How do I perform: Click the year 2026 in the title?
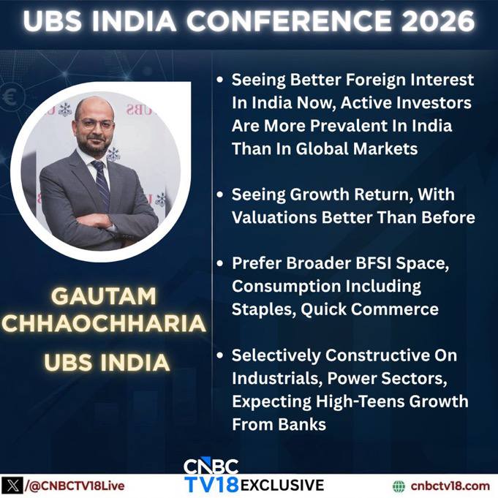click(438, 21)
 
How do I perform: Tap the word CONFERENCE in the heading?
click(289, 21)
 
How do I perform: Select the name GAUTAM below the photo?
click(104, 296)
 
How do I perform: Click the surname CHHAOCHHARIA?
click(104, 324)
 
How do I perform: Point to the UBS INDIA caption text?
click(107, 362)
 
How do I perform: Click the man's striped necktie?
click(102, 184)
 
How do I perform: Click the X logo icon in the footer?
click(12, 486)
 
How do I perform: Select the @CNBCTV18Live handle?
click(75, 486)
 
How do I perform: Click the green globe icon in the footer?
click(399, 486)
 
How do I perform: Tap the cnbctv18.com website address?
click(450, 486)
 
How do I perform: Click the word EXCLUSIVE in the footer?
click(282, 486)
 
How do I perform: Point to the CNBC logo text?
click(211, 467)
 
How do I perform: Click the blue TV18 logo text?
click(212, 485)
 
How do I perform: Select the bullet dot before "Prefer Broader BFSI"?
click(220, 263)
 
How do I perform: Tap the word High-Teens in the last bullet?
click(360, 401)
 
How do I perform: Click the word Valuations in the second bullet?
click(274, 218)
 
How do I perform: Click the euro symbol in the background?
click(9, 97)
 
